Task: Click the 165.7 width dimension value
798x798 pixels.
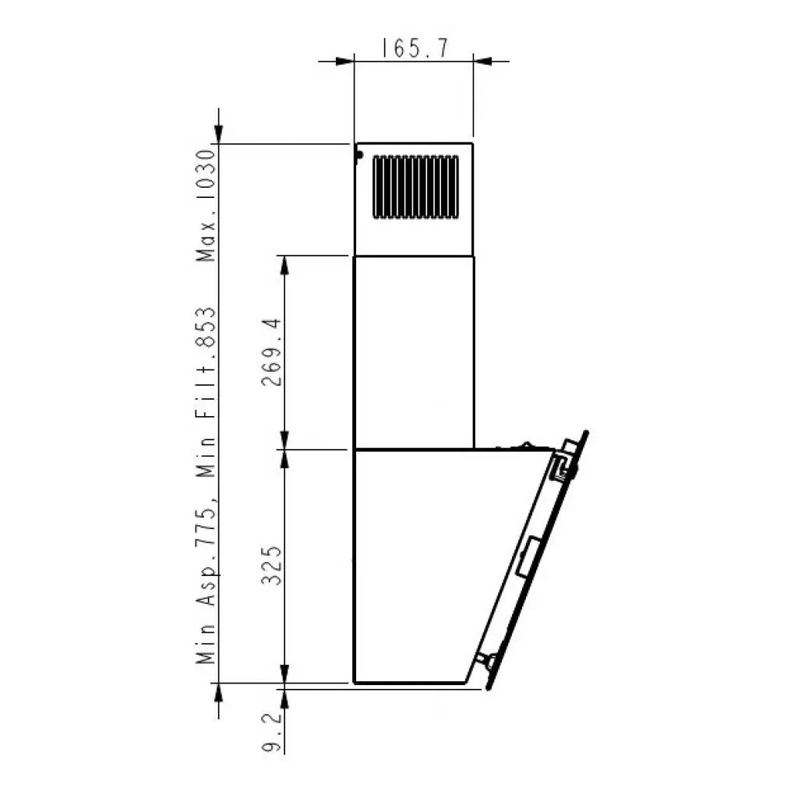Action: point(414,49)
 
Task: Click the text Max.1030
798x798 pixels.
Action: point(206,206)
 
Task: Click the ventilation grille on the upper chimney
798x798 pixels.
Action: point(415,187)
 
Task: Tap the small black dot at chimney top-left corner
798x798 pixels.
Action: point(358,154)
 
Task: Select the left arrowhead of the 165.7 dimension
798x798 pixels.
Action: point(345,61)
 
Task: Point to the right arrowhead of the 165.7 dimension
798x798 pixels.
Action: point(482,61)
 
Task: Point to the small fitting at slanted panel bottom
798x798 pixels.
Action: point(489,661)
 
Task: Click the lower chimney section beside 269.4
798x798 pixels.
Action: point(414,352)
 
